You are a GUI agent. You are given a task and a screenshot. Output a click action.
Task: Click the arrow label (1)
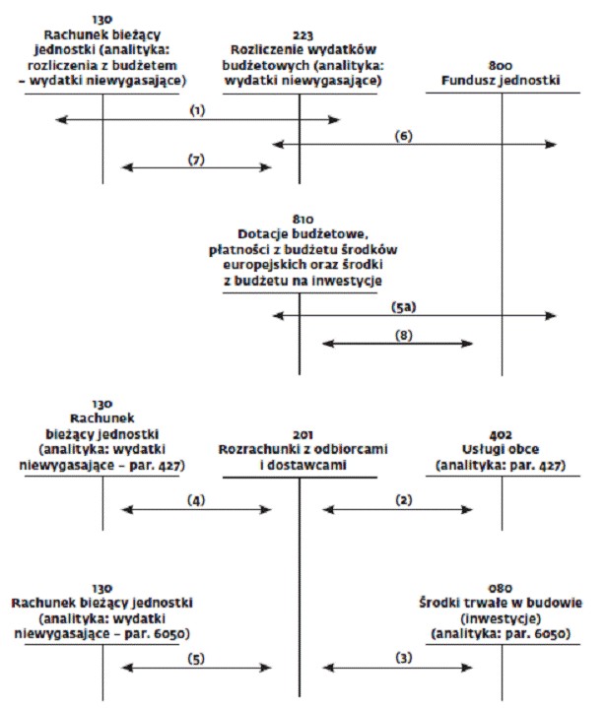(x=197, y=110)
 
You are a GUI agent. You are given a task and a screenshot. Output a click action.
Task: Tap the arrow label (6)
(x=403, y=136)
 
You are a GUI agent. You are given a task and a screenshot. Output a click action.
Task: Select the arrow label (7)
(x=196, y=160)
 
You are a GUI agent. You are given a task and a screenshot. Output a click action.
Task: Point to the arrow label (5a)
(x=403, y=307)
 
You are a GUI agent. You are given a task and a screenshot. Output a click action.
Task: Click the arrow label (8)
(x=403, y=336)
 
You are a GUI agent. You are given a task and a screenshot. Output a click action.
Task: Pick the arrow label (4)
(x=196, y=500)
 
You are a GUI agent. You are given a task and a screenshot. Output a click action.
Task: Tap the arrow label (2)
(x=403, y=500)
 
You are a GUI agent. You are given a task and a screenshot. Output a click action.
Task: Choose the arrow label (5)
(x=196, y=659)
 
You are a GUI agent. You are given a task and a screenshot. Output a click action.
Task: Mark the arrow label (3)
(x=403, y=658)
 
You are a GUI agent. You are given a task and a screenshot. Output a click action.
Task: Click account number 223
(x=302, y=35)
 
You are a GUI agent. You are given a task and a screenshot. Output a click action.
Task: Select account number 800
(x=501, y=66)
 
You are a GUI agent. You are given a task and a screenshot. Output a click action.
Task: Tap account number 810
(x=302, y=220)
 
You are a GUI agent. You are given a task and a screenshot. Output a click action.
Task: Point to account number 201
(x=302, y=435)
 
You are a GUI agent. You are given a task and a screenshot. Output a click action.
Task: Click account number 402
(x=501, y=435)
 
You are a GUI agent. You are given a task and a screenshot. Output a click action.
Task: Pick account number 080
(x=501, y=588)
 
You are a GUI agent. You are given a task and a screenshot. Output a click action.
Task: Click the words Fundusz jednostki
(x=501, y=81)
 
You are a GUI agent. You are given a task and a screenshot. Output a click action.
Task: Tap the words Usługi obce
(x=501, y=450)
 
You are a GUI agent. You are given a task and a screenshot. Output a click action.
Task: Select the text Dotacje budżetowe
(x=302, y=234)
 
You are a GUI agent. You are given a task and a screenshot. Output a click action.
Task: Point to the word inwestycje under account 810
(x=347, y=281)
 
